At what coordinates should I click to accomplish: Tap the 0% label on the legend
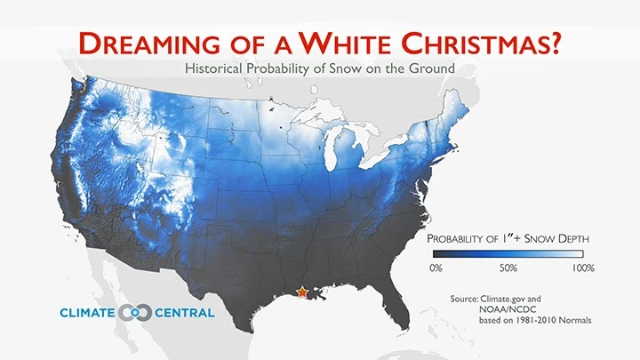[x=436, y=268]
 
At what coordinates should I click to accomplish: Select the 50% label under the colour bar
[x=508, y=268]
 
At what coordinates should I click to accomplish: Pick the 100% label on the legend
[x=582, y=268]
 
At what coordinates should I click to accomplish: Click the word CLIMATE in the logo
[x=86, y=313]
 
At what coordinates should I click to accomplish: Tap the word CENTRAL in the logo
[x=181, y=313]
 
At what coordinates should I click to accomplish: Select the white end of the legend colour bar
[x=587, y=252]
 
